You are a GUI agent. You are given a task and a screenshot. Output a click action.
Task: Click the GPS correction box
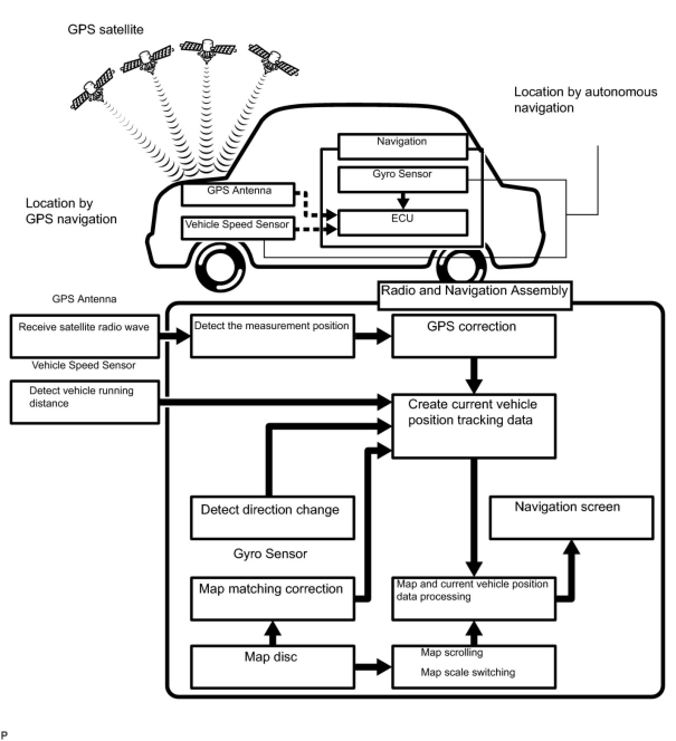(473, 336)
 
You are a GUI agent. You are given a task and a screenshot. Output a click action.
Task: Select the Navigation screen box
(571, 517)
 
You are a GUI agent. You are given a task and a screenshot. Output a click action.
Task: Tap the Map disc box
(272, 666)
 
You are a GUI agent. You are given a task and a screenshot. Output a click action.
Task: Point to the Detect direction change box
(272, 517)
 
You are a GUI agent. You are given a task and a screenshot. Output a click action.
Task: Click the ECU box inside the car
(402, 222)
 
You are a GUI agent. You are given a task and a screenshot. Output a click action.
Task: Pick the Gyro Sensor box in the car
(402, 179)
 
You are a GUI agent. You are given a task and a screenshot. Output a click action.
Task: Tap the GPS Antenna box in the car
(237, 194)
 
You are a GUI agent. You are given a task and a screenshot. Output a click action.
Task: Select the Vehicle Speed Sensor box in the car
(237, 228)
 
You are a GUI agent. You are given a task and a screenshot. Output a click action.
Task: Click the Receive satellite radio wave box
(84, 336)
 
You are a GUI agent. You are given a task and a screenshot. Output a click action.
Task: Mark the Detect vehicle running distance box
(84, 402)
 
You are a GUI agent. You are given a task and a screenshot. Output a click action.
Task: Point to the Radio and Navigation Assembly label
(474, 295)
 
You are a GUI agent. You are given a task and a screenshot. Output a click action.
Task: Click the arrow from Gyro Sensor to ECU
(403, 200)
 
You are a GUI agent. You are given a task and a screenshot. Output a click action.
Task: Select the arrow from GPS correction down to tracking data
(474, 376)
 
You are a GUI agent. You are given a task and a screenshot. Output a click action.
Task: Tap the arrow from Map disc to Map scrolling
(373, 666)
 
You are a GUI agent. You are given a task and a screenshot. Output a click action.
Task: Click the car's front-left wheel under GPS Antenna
(221, 267)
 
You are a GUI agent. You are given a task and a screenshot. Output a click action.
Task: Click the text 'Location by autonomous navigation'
(585, 99)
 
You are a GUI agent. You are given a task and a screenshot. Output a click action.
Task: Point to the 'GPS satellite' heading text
(105, 29)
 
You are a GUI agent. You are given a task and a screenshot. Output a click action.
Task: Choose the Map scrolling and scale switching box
(473, 666)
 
